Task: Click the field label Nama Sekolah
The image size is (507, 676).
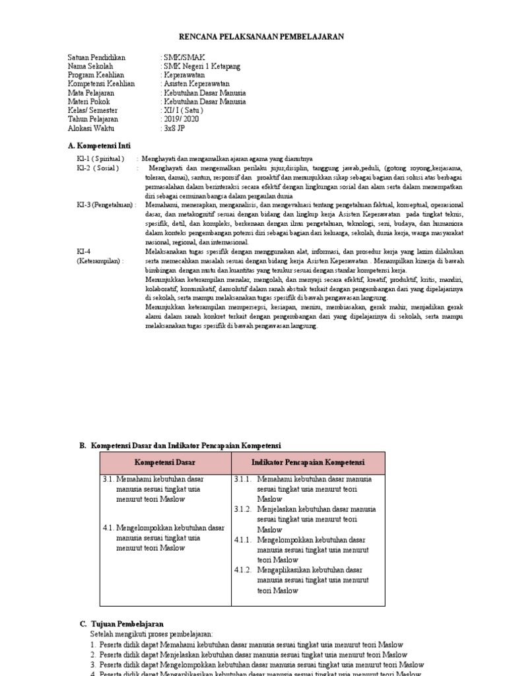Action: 90,67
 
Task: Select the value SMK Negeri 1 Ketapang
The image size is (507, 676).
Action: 201,67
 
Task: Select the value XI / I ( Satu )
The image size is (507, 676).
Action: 184,110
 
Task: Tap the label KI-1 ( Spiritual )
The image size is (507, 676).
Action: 100,159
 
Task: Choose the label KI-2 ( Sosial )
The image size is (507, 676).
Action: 98,168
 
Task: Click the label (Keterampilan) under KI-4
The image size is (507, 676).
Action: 100,261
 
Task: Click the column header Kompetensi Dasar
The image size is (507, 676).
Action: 165,463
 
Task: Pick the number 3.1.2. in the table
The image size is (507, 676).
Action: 243,510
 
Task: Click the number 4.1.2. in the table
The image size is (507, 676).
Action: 243,570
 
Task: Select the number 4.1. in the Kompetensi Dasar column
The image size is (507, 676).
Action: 109,527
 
